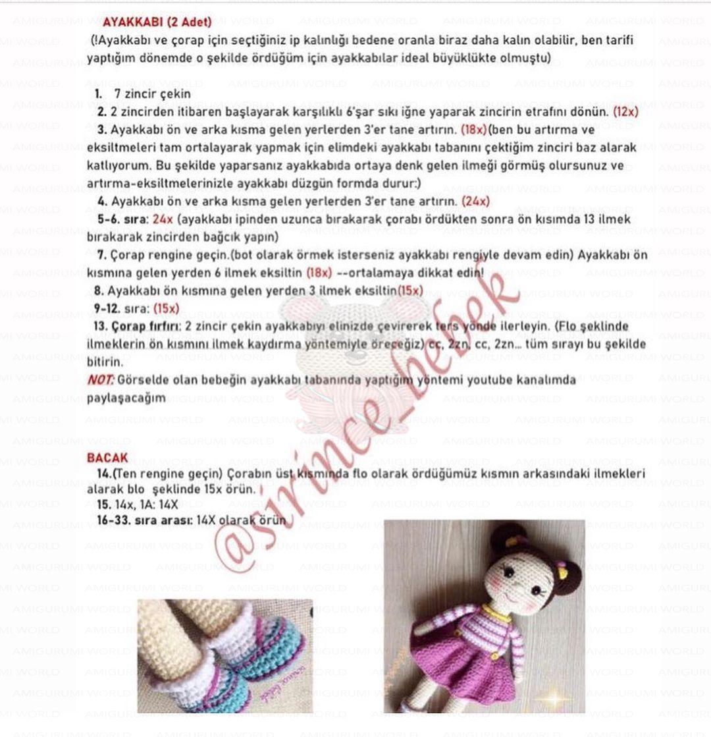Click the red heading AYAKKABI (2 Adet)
[x=157, y=22]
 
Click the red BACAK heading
[x=107, y=458]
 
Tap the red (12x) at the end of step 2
[x=625, y=112]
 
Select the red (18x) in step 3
[x=473, y=130]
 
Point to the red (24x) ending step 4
[x=475, y=202]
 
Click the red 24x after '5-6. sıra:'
[x=163, y=219]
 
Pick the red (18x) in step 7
[x=319, y=273]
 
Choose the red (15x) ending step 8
[x=410, y=290]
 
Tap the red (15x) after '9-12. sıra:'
[x=166, y=308]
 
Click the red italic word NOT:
[x=101, y=380]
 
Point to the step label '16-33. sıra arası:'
[x=144, y=520]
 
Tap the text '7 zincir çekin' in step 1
[x=152, y=94]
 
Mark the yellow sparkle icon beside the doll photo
[x=553, y=698]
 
